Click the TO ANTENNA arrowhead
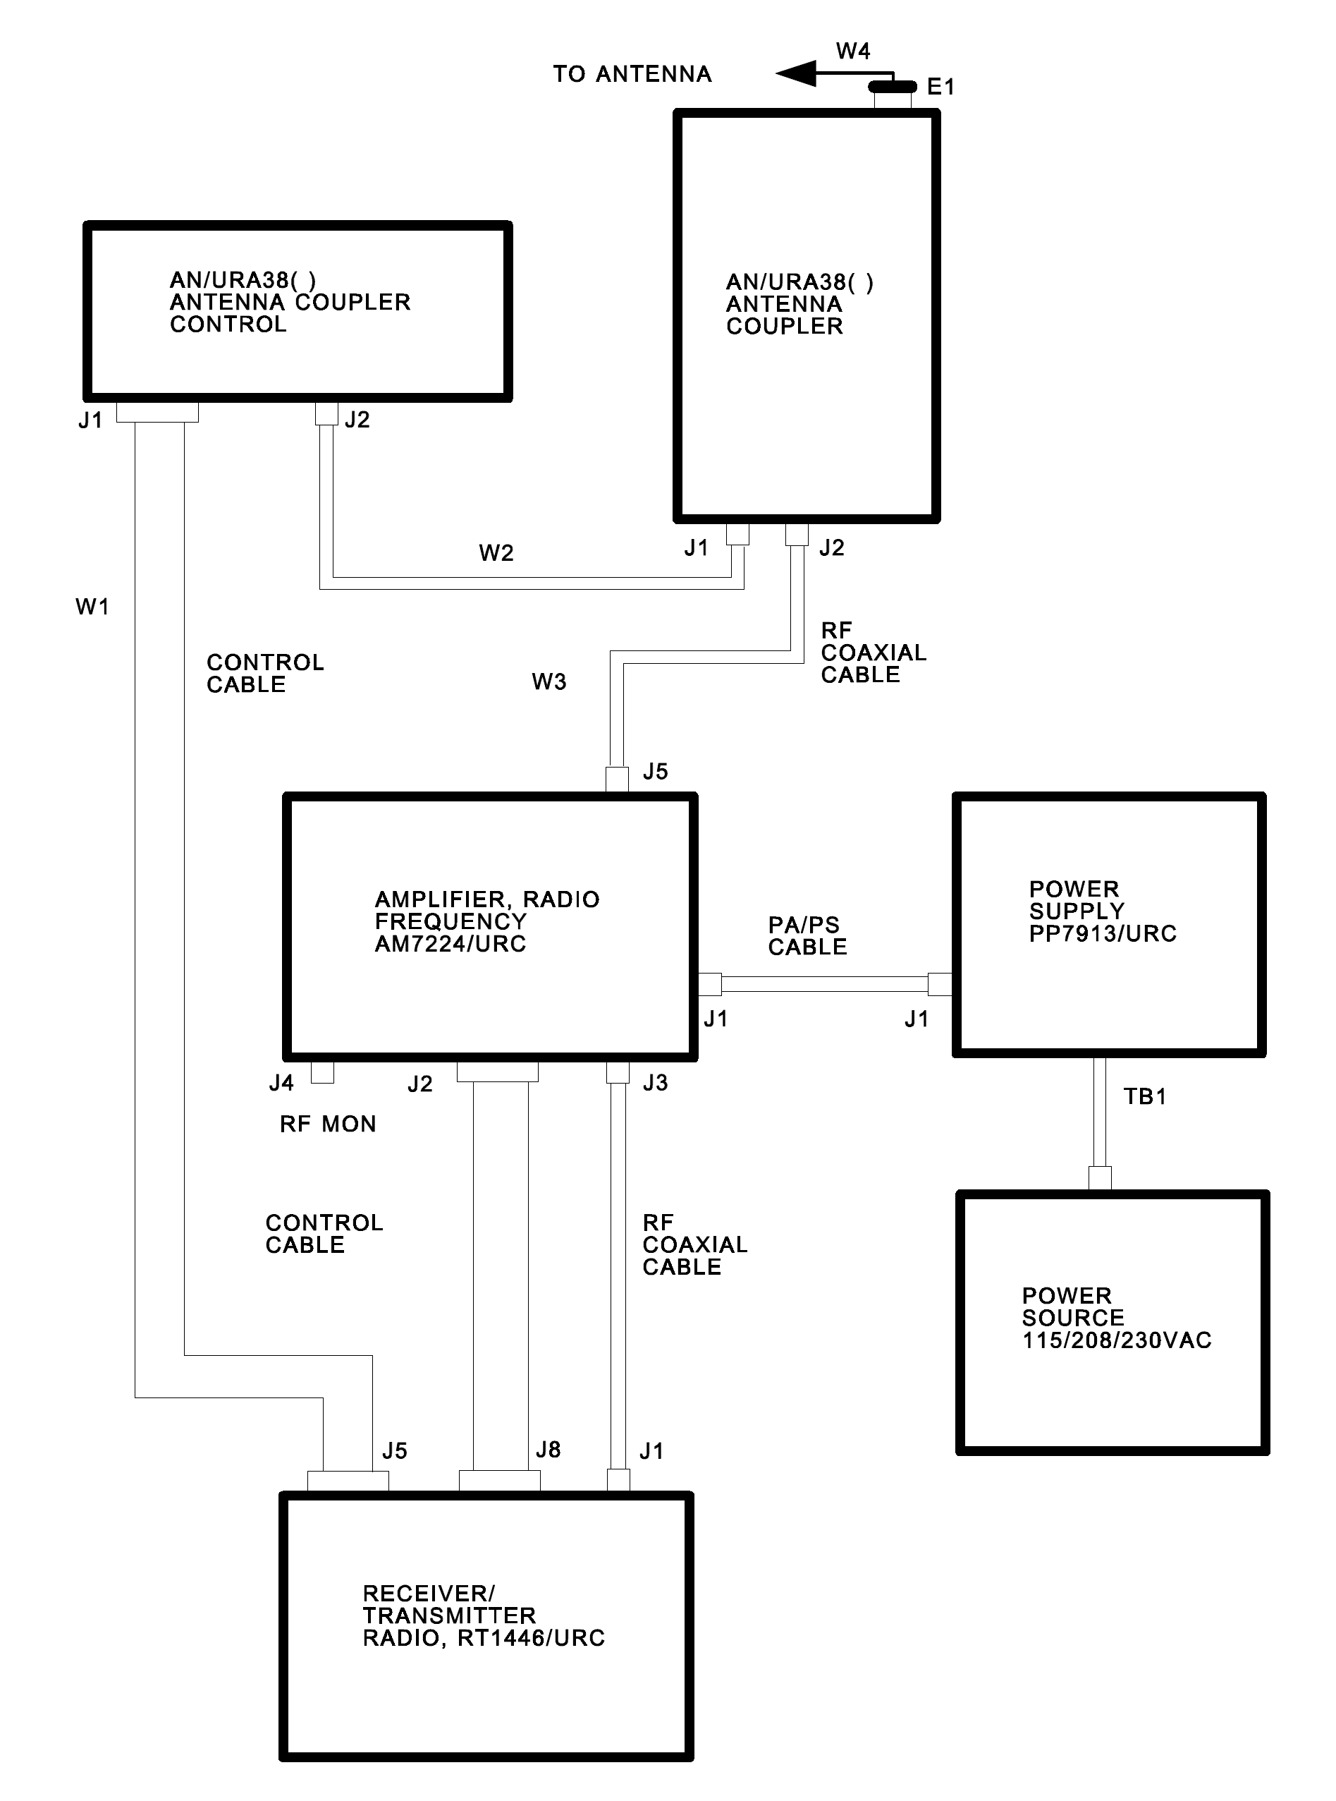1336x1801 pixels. coord(796,75)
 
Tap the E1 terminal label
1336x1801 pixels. coord(940,87)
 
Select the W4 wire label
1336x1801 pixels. coord(852,51)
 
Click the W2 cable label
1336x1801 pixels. coord(496,553)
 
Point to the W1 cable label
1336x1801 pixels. coord(92,607)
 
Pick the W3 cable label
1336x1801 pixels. coord(549,682)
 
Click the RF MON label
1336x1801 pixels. coord(328,1124)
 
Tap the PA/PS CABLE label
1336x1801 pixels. coord(807,936)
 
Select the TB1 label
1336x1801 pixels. coord(1144,1097)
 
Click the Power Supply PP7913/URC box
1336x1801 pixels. coord(1109,925)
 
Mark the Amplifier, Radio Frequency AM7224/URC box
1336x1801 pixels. coord(489,927)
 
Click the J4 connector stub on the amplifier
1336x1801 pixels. coord(322,1072)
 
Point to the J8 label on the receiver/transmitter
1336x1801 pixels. coord(549,1450)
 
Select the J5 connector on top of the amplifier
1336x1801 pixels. coord(617,780)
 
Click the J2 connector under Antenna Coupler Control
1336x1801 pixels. coord(326,415)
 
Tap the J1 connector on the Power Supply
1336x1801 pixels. coord(940,985)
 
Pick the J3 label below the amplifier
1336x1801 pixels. coord(655,1084)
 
